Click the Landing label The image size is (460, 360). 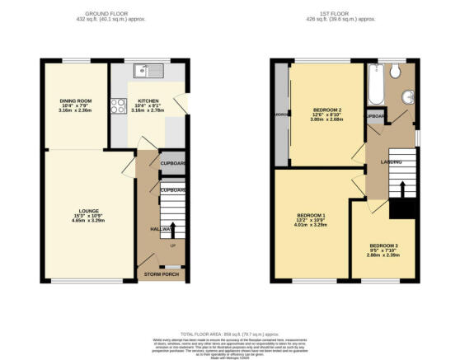[391, 161]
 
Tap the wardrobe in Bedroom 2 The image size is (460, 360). [282, 115]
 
